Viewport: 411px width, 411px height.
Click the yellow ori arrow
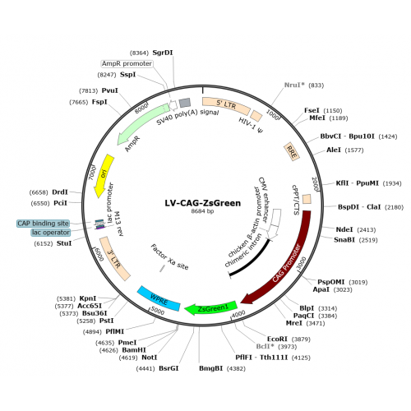click(x=104, y=175)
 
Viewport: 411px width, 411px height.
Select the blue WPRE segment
click(x=159, y=298)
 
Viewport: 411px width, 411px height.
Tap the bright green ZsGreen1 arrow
click(x=211, y=308)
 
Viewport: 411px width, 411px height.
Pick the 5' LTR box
click(x=226, y=105)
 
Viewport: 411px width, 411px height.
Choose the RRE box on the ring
click(x=292, y=151)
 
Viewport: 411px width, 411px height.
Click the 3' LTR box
click(x=114, y=259)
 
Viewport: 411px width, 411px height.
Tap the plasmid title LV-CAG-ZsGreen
click(x=203, y=203)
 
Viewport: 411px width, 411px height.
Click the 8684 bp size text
click(x=202, y=211)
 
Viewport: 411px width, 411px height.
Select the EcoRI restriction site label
click(x=277, y=339)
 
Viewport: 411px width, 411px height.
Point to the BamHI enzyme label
click(x=134, y=350)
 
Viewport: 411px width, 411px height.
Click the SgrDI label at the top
click(x=163, y=53)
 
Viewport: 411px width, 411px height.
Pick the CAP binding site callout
click(x=43, y=224)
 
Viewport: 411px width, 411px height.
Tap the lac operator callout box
click(x=51, y=233)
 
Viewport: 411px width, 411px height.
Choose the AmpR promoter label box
click(x=127, y=63)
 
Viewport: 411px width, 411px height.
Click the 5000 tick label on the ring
click(x=157, y=311)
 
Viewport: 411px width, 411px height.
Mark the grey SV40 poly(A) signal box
click(x=185, y=103)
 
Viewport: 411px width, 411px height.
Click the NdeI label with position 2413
click(x=344, y=229)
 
